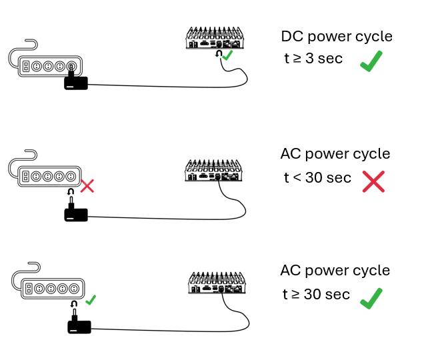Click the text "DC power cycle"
[x=336, y=37]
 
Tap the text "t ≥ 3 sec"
[x=313, y=59]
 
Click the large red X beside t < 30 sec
[x=373, y=182]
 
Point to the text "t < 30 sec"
[x=317, y=178]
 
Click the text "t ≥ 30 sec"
[x=316, y=294]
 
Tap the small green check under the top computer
[x=227, y=56]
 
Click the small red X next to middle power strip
[x=87, y=185]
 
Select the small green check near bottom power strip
[x=91, y=300]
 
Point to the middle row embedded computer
[x=213, y=171]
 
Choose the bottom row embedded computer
[x=217, y=283]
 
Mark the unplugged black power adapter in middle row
[x=76, y=211]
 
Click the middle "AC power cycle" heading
[x=335, y=154]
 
